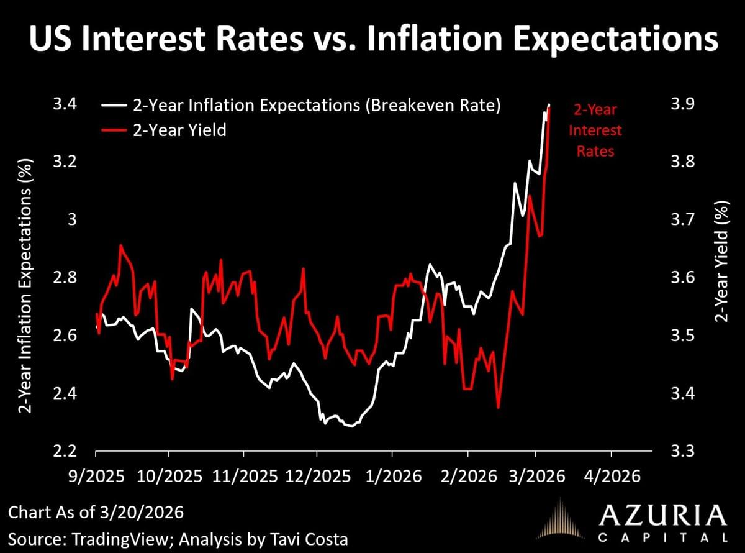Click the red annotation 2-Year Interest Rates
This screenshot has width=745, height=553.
tap(595, 130)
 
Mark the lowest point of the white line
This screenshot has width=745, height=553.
tap(351, 427)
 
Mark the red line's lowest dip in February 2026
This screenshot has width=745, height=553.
tap(499, 408)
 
